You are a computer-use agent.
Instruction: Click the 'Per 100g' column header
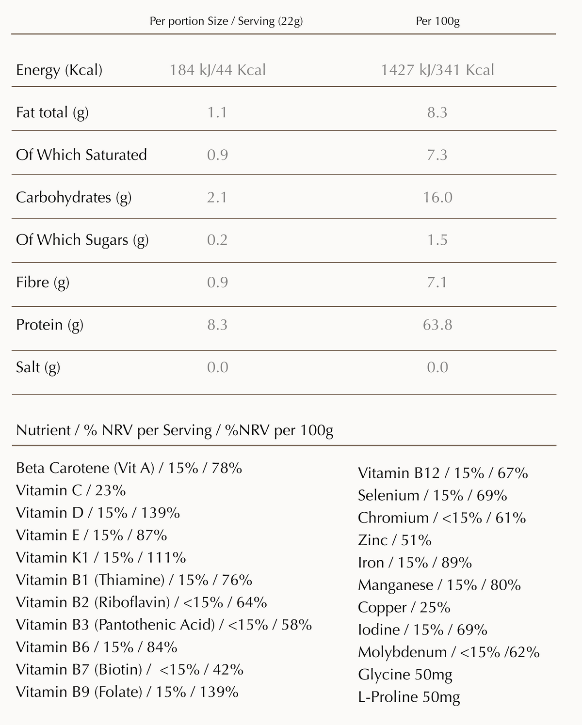(437, 21)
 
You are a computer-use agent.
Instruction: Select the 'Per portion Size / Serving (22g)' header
(226, 21)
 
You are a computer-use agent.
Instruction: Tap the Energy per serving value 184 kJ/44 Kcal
(217, 70)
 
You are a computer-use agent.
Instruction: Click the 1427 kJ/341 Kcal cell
(437, 70)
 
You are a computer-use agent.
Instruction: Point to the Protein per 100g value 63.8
(437, 324)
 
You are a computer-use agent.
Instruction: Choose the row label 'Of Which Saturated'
(81, 155)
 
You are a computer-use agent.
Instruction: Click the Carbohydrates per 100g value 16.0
(437, 197)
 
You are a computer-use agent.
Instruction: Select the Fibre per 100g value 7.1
(437, 282)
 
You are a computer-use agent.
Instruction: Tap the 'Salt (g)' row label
(38, 367)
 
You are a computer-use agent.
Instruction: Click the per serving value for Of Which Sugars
(217, 240)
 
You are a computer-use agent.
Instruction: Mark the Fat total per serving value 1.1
(217, 112)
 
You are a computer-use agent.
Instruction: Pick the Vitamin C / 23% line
(71, 490)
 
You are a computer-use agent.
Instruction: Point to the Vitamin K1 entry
(101, 557)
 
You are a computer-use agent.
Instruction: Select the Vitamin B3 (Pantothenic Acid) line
(163, 625)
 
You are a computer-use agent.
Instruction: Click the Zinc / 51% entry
(394, 540)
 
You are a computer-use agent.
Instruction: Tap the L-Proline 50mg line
(409, 697)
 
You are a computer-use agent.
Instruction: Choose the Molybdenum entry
(449, 652)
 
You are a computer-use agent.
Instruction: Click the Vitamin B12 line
(443, 473)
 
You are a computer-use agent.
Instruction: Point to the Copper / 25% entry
(404, 607)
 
